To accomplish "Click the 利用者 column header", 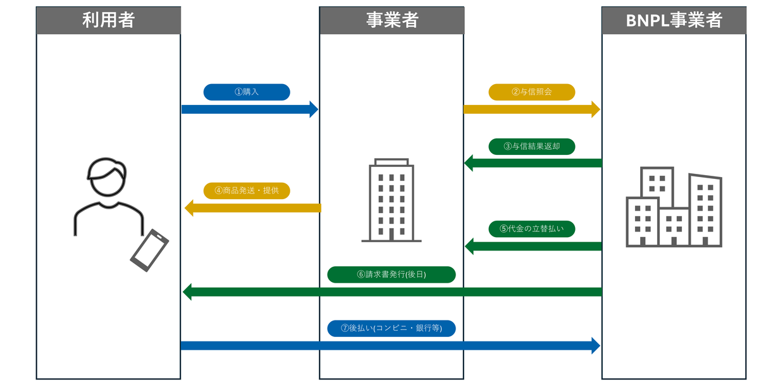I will (108, 20).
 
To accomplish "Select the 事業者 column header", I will (392, 20).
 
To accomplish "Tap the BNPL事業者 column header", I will (674, 20).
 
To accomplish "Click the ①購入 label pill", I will (247, 92).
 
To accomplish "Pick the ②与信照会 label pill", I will (531, 92).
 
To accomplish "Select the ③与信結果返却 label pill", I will (531, 146).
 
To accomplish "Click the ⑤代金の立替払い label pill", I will (531, 229).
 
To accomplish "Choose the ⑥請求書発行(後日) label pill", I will (392, 274).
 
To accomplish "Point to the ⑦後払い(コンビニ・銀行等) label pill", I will (392, 328).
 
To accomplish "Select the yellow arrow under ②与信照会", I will (531, 109).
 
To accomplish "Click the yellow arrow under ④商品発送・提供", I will (253, 208).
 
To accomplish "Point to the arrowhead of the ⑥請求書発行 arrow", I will (187, 291).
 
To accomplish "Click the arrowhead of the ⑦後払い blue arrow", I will (595, 345).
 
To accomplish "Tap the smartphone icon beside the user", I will (150, 250).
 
